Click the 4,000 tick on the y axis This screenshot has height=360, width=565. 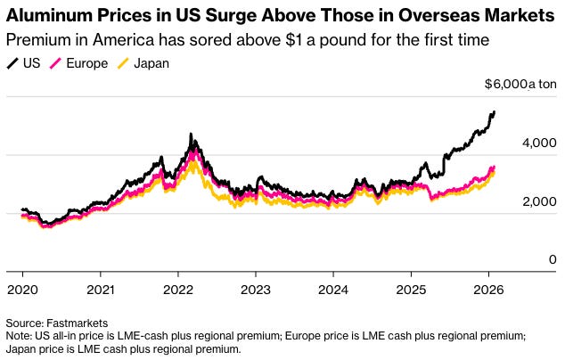coord(539,143)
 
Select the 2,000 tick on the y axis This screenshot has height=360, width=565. coord(539,202)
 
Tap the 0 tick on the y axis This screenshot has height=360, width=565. coord(553,259)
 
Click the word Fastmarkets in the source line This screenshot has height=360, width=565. coord(78,322)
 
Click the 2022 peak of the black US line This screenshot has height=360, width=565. coord(191,135)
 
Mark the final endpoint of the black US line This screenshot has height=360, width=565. coord(495,112)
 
